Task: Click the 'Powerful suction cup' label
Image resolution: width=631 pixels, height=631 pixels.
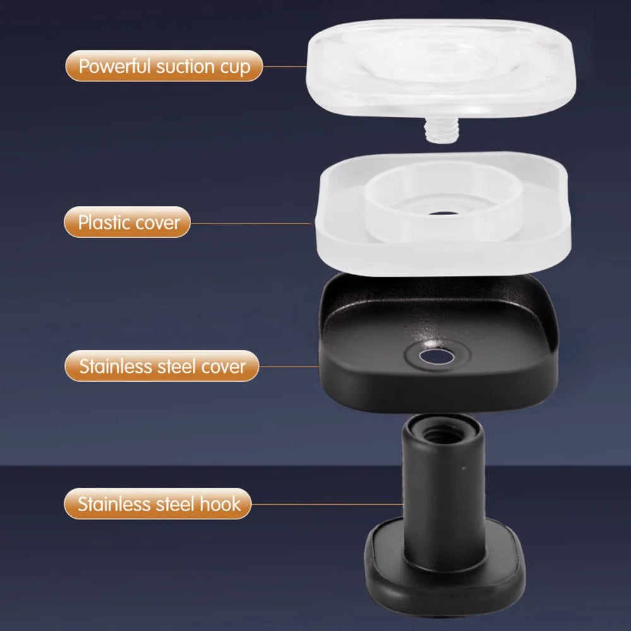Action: click(x=164, y=66)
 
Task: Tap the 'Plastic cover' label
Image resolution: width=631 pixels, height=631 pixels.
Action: click(x=127, y=222)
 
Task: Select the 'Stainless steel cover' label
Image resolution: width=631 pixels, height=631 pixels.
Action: click(x=162, y=366)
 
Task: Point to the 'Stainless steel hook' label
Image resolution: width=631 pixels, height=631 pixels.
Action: click(x=158, y=504)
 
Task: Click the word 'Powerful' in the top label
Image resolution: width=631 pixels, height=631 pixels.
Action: click(x=115, y=66)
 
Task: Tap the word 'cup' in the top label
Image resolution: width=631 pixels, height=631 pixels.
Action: click(x=235, y=68)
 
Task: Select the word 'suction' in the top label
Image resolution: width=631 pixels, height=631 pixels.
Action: click(x=185, y=66)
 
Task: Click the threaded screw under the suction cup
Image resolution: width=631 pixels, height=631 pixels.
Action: click(x=442, y=129)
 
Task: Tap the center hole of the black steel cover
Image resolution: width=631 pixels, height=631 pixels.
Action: click(x=437, y=357)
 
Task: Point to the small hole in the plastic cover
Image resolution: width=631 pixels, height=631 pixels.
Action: click(x=443, y=213)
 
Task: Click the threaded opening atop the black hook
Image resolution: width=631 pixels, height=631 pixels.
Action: click(x=442, y=434)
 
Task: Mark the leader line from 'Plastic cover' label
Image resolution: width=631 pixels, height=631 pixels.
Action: click(x=251, y=223)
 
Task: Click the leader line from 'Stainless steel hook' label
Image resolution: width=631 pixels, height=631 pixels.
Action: click(x=327, y=504)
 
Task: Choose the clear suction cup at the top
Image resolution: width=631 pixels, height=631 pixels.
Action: click(x=441, y=68)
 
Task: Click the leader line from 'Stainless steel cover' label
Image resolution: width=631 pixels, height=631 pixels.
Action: click(x=289, y=366)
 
